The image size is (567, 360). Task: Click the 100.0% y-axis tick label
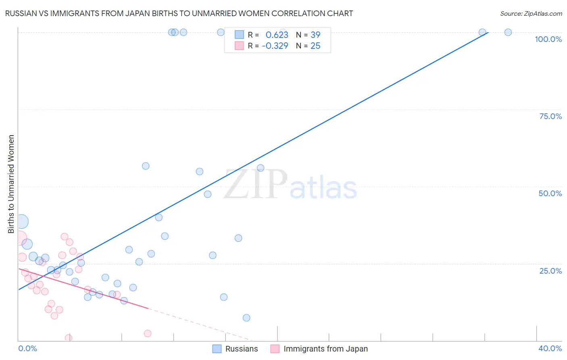pyautogui.click(x=548, y=39)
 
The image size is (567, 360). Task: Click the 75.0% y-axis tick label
pyautogui.click(x=550, y=116)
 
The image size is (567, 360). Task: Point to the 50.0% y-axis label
pyautogui.click(x=550, y=193)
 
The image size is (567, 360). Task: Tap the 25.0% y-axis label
pyautogui.click(x=550, y=271)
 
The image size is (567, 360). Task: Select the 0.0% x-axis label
pyautogui.click(x=27, y=348)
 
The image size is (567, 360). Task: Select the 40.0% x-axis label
pyautogui.click(x=550, y=348)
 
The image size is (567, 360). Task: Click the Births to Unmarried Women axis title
pyautogui.click(x=11, y=184)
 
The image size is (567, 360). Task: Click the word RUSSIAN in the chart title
pyautogui.click(x=21, y=13)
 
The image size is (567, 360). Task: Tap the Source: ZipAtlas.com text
pyautogui.click(x=531, y=13)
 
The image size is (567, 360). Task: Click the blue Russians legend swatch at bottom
pyautogui.click(x=217, y=349)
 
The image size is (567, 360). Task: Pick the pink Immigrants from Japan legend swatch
pyautogui.click(x=275, y=349)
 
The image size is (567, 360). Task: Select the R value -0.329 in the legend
pyautogui.click(x=275, y=46)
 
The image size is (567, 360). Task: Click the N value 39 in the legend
pyautogui.click(x=315, y=35)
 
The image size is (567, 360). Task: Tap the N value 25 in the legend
pyautogui.click(x=315, y=46)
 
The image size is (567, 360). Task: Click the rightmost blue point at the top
pyautogui.click(x=508, y=32)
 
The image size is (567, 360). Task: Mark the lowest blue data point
pyautogui.click(x=246, y=318)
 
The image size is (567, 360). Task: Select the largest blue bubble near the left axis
pyautogui.click(x=21, y=221)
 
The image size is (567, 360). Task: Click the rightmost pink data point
pyautogui.click(x=148, y=333)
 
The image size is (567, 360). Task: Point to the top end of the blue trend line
pyautogui.click(x=488, y=32)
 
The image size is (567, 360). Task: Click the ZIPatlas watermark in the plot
pyautogui.click(x=290, y=185)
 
